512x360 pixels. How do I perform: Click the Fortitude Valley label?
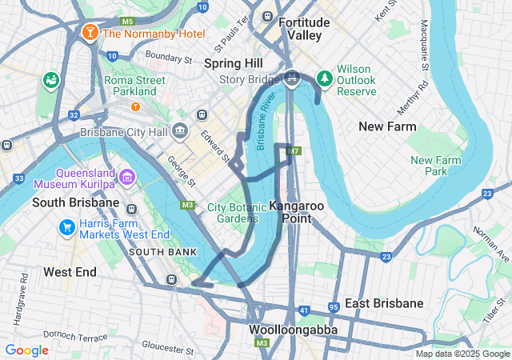299,30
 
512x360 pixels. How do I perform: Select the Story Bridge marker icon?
292,78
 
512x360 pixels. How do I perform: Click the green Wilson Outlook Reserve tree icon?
325,78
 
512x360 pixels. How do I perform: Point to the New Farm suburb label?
387,126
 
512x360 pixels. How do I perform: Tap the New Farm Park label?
435,166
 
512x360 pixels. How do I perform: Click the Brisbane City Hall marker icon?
178,131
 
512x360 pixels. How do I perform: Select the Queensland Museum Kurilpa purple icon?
126,176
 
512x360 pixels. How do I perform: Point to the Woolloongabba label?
292,330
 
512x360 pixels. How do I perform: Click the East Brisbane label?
384,303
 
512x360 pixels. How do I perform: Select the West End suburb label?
70,272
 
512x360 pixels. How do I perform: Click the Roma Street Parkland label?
134,86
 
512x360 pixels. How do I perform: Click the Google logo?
27,350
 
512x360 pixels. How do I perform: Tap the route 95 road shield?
334,308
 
